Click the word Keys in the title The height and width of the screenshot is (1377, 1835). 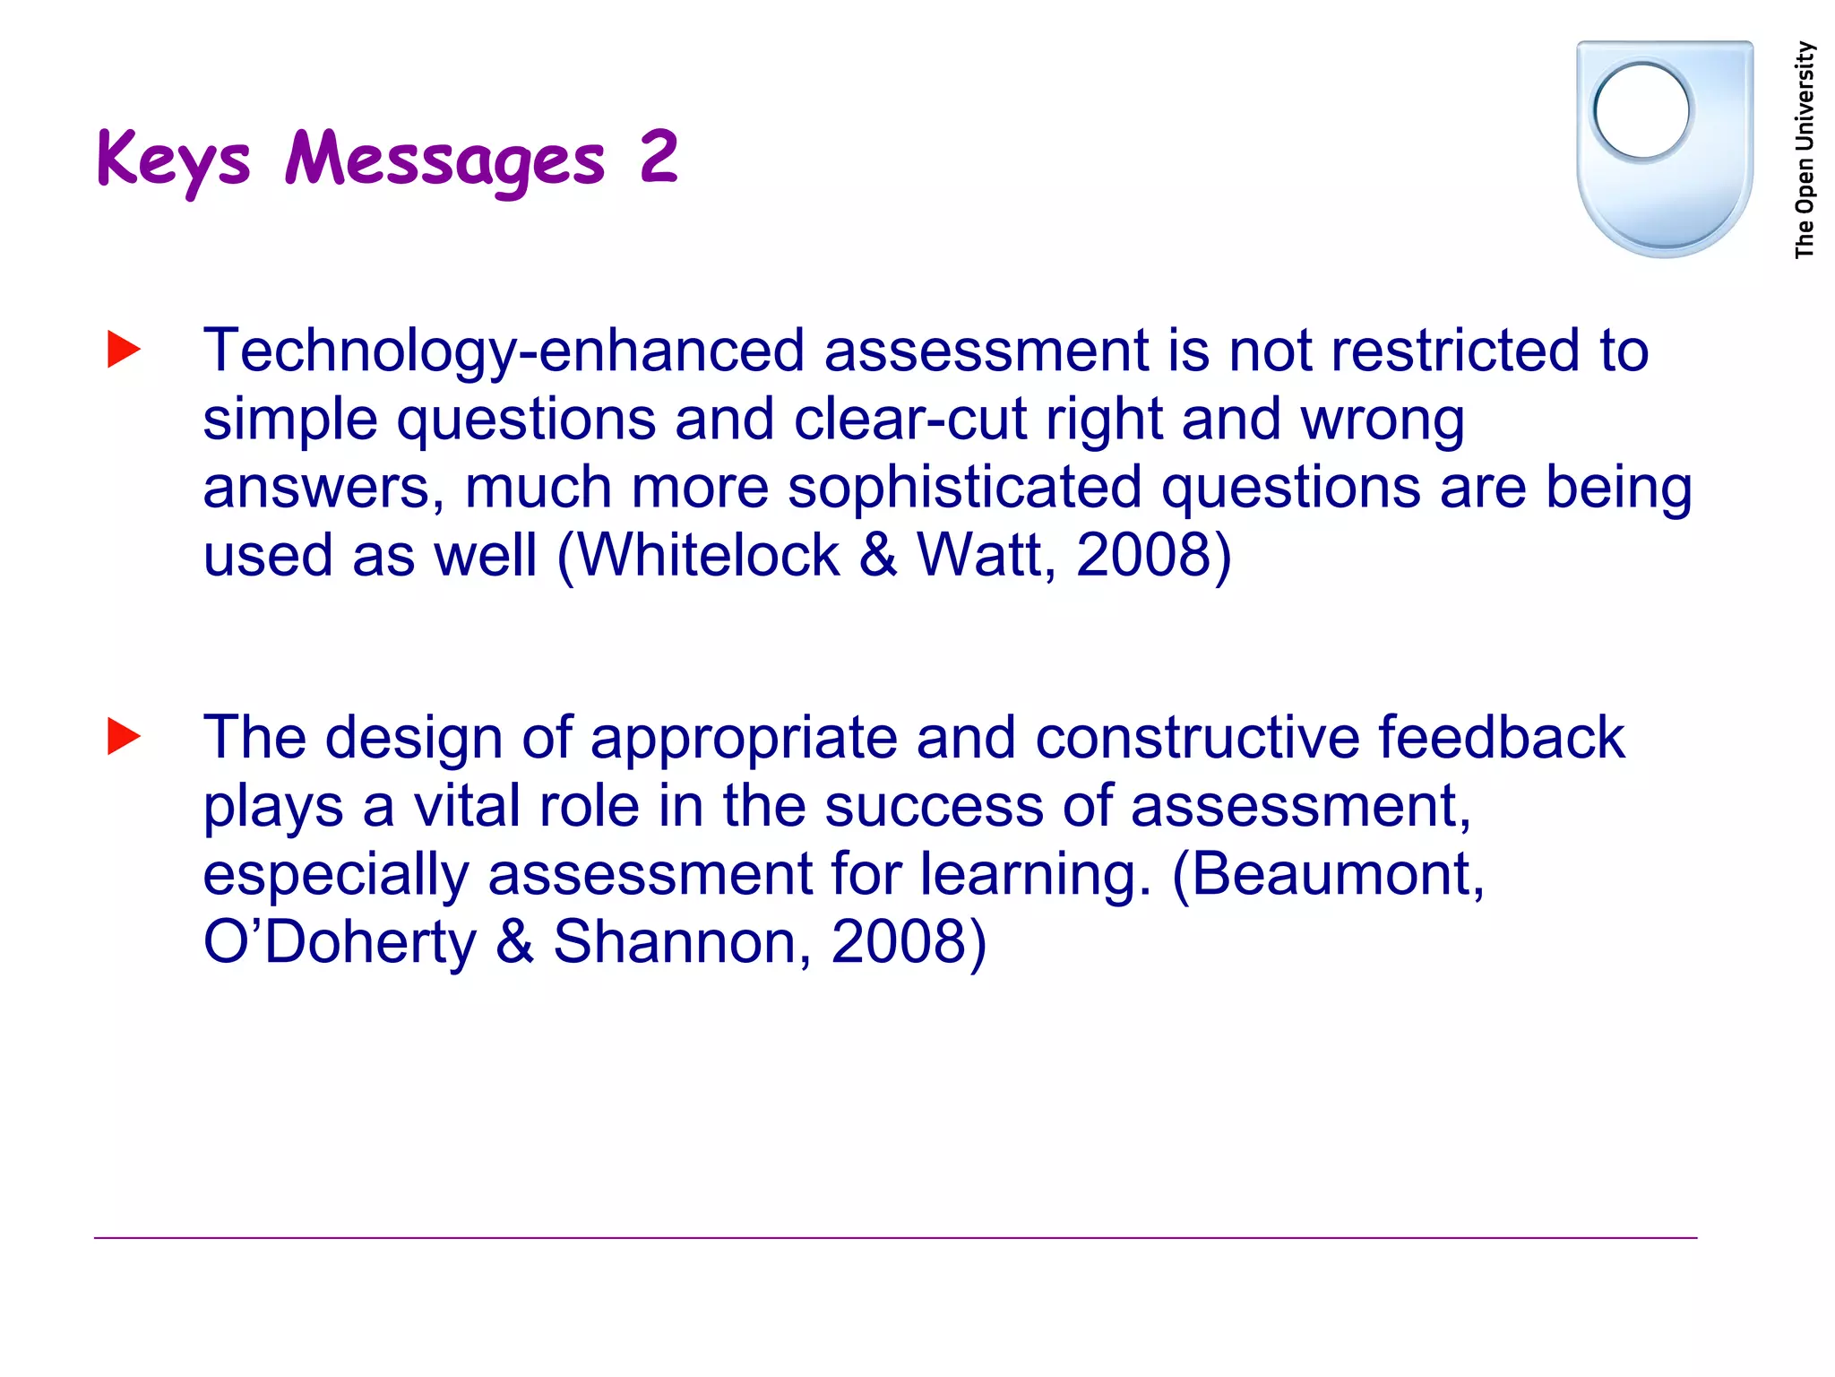coord(173,160)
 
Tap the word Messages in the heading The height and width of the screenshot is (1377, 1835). coord(445,160)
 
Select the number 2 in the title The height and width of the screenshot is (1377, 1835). coord(659,156)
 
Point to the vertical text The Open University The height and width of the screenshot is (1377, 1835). coord(1805,150)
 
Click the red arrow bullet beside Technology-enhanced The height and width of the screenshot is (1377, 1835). coord(124,350)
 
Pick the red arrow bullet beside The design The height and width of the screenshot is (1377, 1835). coord(124,737)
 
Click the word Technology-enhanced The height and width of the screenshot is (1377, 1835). coord(503,351)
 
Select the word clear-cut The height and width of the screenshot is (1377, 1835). coord(909,419)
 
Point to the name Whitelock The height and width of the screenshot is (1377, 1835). coord(709,555)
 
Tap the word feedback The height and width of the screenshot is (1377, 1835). coord(1501,738)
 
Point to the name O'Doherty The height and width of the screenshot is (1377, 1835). coord(340,942)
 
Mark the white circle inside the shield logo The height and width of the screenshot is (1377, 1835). coord(1642,111)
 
